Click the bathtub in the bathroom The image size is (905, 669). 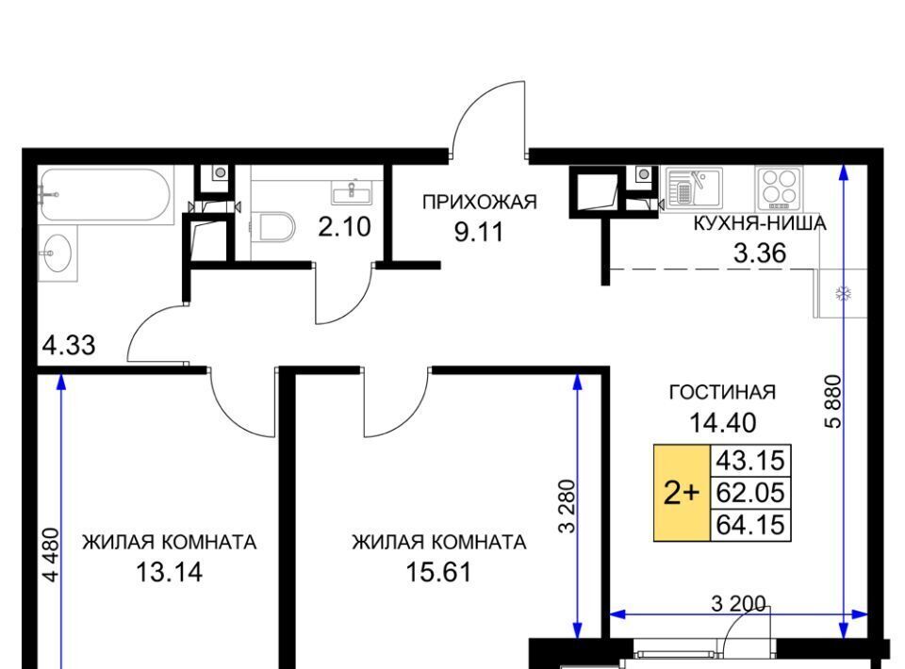[107, 195]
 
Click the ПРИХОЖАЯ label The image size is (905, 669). [480, 202]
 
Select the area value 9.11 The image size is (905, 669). [479, 232]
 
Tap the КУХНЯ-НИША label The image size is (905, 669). [760, 223]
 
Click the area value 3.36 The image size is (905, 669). [760, 253]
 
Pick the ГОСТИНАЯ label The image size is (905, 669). [722, 392]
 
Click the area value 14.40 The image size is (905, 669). [723, 423]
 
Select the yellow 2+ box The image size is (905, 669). [682, 493]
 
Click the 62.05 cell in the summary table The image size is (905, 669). [750, 493]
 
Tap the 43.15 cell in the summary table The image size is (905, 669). [750, 462]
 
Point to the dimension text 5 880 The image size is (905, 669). [834, 401]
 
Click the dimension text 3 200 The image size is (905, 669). [739, 604]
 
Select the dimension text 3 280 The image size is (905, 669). [568, 506]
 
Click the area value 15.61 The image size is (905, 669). [438, 572]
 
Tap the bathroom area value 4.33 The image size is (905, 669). [69, 346]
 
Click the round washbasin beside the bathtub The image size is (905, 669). [57, 253]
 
